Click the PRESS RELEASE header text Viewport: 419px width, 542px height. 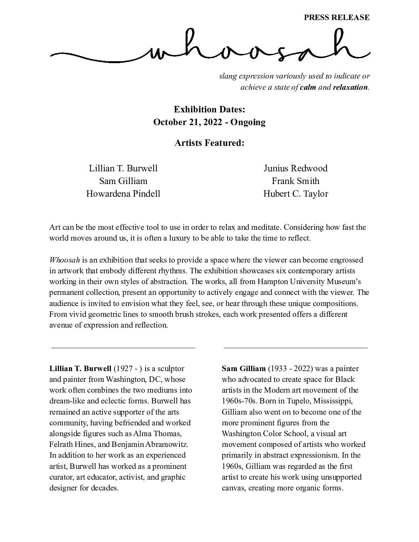click(337, 17)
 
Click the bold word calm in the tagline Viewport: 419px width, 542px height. click(308, 87)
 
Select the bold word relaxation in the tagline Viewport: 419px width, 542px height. click(350, 87)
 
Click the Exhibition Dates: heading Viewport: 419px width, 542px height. click(209, 109)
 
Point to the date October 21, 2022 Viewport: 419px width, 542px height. click(188, 122)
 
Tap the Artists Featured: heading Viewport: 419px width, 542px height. click(209, 143)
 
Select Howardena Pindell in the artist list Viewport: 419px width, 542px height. click(123, 194)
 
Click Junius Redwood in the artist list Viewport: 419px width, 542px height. click(295, 168)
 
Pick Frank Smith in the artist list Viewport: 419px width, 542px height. click(295, 181)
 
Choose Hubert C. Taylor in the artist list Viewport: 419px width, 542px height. click(295, 194)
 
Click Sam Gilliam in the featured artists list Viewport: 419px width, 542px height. click(123, 181)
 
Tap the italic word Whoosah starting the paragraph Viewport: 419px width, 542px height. click(64, 260)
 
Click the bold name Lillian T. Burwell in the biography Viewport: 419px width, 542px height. click(80, 368)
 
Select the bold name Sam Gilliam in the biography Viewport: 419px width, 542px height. click(243, 368)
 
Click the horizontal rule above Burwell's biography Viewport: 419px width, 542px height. click(123, 348)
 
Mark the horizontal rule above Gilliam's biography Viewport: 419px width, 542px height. click(295, 348)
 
